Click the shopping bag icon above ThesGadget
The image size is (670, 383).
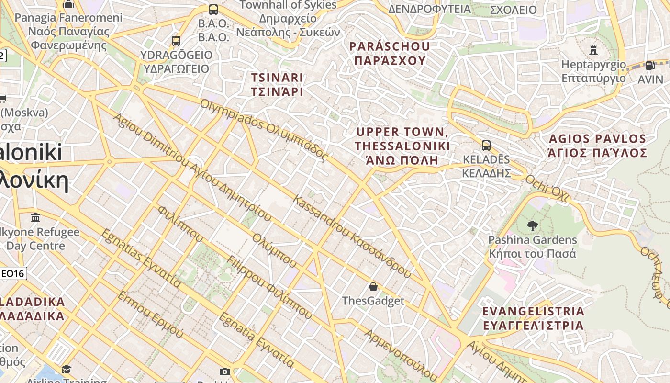[373, 287]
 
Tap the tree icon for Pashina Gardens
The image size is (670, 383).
[532, 225]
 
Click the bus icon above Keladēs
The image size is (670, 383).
[486, 146]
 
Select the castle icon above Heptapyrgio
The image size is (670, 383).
[593, 50]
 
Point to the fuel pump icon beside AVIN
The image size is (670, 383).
[649, 66]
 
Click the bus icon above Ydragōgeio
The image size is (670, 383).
[176, 41]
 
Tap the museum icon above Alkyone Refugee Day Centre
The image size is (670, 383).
[35, 218]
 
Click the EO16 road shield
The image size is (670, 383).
[13, 274]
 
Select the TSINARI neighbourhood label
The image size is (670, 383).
[277, 84]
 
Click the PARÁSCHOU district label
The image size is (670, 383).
[390, 53]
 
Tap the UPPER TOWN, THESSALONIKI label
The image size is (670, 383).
[402, 146]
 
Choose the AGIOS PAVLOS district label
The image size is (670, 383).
[597, 146]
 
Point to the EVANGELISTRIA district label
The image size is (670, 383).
[533, 318]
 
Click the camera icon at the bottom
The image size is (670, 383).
[224, 372]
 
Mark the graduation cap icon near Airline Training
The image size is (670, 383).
[66, 370]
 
